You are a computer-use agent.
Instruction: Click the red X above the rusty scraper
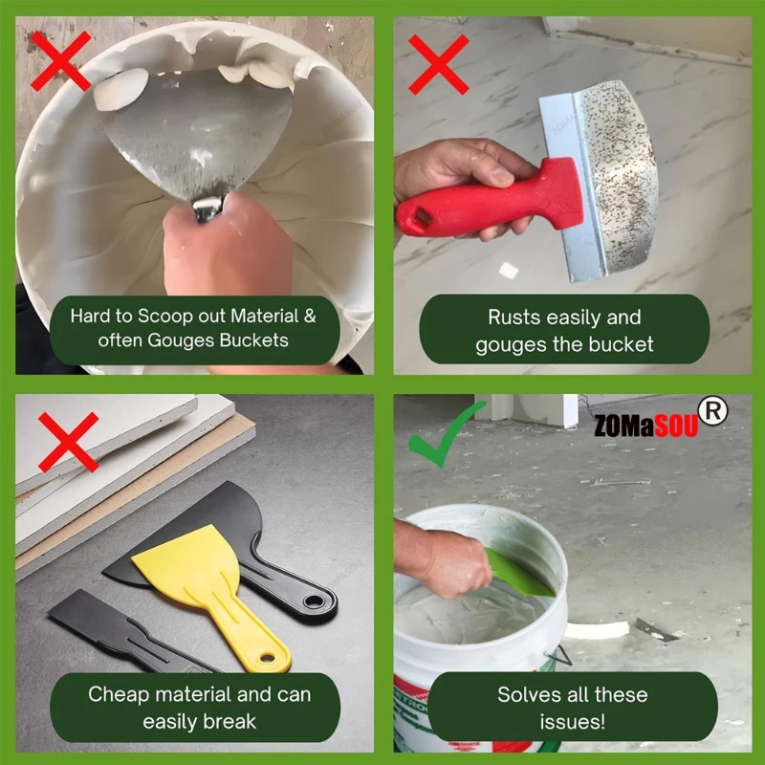click(439, 64)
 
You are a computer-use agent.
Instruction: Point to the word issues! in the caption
click(571, 721)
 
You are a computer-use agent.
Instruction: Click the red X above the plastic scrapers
click(68, 441)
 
